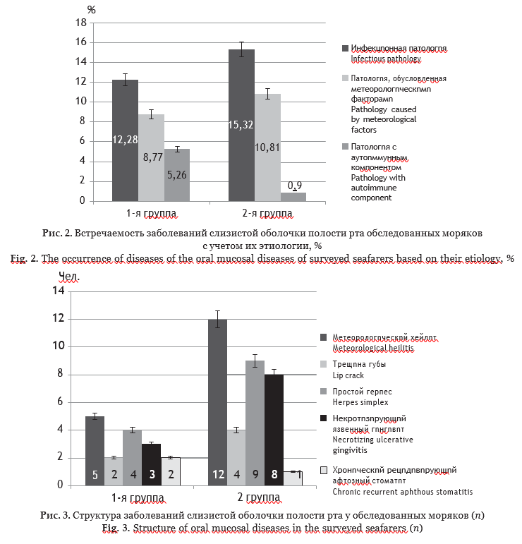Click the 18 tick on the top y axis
pos(81,23)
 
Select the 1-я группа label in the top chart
pos(151,212)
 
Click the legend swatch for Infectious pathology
pos(346,49)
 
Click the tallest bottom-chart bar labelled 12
pos(217,402)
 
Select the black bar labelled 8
pos(274,430)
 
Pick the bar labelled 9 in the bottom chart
pos(255,423)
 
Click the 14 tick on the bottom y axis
pos(58,291)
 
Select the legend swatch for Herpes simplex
pos(324,390)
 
